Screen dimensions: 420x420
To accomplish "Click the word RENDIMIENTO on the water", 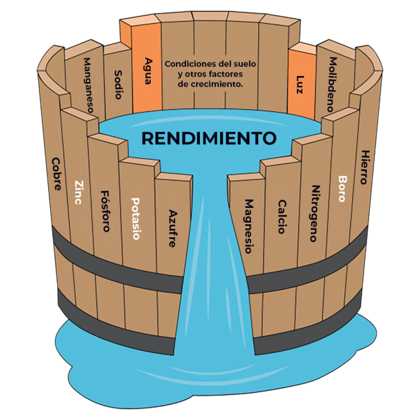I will [209, 138].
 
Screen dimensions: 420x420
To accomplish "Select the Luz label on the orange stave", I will [300, 84].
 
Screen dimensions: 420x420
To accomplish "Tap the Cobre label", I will [57, 174].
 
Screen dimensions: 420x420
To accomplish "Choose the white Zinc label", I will [79, 193].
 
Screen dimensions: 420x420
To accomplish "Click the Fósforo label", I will [106, 211].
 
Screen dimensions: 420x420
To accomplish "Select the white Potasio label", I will [135, 218].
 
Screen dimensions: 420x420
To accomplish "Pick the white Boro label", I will [342, 188].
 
